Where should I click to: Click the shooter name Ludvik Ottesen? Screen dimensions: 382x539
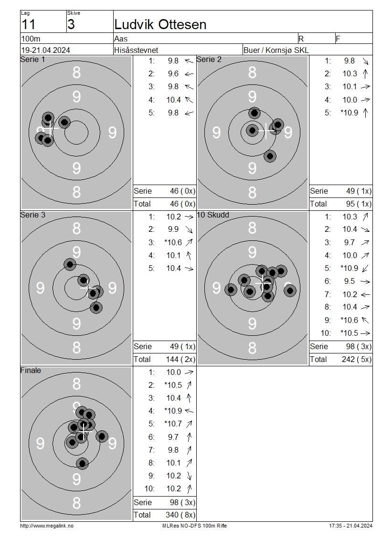click(x=160, y=24)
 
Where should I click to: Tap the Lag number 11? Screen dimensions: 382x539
click(x=29, y=24)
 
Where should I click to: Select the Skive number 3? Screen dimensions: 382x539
click(x=71, y=24)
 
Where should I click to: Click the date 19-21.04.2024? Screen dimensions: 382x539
click(x=45, y=50)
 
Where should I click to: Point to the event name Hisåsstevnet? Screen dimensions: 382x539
click(x=136, y=50)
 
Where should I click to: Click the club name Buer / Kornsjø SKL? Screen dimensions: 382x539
click(x=276, y=50)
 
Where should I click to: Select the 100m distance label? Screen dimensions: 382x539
click(x=31, y=39)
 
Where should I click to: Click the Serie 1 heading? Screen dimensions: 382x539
click(x=32, y=60)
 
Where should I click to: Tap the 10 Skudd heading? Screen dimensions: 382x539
click(x=212, y=215)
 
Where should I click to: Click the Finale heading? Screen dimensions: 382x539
click(x=31, y=370)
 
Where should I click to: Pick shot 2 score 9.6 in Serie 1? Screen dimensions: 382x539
click(x=173, y=73)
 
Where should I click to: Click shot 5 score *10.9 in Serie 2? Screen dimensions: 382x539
click(x=350, y=113)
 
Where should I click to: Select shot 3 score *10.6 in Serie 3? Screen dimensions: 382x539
click(x=173, y=242)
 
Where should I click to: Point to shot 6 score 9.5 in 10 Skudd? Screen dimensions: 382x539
click(x=350, y=281)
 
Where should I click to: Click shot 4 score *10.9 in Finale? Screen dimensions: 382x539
click(x=173, y=411)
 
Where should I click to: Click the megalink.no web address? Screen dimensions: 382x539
click(x=47, y=526)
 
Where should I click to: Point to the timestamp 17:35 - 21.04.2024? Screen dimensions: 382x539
click(x=350, y=526)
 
